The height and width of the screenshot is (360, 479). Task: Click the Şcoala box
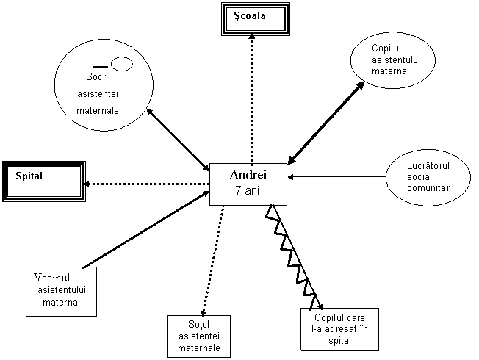256,19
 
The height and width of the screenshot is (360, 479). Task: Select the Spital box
44,181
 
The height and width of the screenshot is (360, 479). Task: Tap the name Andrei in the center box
248,175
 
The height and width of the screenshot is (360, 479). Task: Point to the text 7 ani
247,190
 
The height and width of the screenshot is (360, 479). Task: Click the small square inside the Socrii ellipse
83,64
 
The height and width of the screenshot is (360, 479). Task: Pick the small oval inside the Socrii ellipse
122,64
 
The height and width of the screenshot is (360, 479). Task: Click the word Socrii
98,76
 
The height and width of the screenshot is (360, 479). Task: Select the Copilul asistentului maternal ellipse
393,60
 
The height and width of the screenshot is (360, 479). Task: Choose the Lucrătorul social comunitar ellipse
428,177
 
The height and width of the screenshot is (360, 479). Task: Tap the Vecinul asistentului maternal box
62,292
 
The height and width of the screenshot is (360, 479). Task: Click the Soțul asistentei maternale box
198,336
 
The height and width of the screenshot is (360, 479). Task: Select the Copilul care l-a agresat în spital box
339,329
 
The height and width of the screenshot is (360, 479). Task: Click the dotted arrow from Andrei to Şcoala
251,98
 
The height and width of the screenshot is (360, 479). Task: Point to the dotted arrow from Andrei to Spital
146,184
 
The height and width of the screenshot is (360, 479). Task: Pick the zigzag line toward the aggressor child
294,256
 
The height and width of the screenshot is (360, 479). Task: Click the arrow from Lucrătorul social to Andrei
336,176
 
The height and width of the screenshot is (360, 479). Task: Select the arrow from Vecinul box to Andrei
146,229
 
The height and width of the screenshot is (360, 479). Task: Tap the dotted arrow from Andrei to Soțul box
213,260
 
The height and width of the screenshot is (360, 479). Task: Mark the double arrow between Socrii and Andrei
178,140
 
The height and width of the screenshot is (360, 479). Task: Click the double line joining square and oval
101,65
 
